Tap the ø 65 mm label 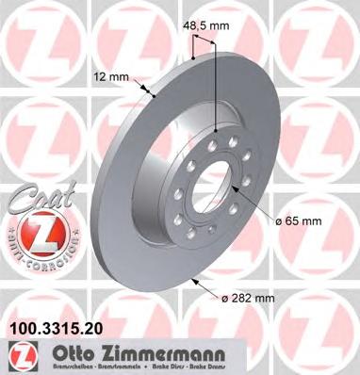[297, 221]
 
